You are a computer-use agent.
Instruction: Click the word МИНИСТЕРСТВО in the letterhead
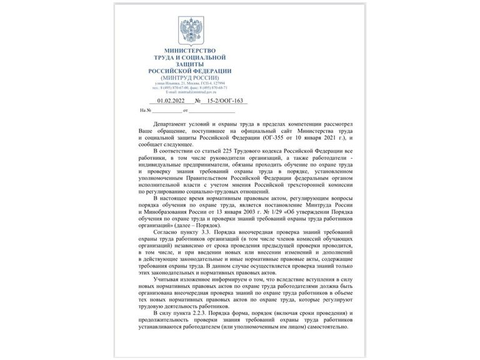[189, 50]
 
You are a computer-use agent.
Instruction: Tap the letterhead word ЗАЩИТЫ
[189, 63]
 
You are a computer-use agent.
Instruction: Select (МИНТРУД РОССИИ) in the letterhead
[189, 77]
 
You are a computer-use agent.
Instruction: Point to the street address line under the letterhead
[189, 83]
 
